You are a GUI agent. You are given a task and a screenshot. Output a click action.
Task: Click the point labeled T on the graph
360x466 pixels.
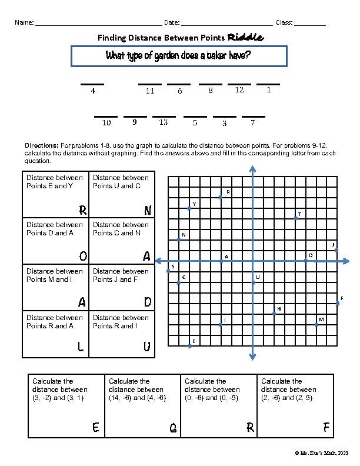[296, 218]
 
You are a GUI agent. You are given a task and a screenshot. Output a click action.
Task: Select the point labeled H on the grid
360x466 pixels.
[275, 314]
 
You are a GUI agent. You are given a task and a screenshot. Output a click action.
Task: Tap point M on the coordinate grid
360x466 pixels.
[317, 324]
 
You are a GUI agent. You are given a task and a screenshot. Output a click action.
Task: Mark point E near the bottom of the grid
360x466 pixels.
[189, 346]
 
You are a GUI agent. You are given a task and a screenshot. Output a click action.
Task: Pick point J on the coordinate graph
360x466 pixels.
[336, 250]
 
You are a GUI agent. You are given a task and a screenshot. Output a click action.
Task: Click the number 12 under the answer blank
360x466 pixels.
[239, 90]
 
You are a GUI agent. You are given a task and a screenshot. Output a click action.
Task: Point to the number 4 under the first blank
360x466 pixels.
[92, 91]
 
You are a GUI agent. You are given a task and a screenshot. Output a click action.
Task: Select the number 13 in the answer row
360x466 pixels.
[164, 122]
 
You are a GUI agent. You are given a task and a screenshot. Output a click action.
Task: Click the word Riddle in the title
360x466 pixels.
[245, 38]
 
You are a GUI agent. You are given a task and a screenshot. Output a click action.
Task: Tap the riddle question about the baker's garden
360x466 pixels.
[178, 56]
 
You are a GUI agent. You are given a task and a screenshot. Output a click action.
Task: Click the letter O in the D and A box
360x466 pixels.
[83, 256]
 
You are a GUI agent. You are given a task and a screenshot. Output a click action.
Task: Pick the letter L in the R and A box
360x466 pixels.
[81, 348]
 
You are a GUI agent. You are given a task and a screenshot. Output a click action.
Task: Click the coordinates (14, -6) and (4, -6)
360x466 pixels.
[137, 398]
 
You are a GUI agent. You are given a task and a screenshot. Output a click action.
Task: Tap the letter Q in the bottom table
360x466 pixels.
[173, 430]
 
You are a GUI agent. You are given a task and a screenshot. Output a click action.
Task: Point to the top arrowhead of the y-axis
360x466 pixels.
[252, 168]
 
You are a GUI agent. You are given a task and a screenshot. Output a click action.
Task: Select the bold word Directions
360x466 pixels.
[41, 145]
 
